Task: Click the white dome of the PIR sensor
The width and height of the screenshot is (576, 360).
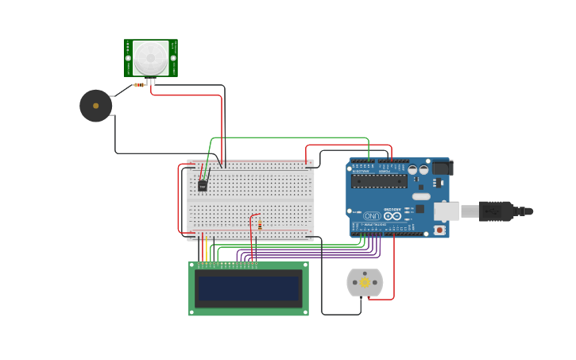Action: click(x=150, y=57)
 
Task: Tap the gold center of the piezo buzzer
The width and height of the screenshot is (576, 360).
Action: click(x=95, y=106)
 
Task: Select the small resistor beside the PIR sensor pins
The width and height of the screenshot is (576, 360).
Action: click(x=139, y=84)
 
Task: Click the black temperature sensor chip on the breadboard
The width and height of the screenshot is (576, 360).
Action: click(x=203, y=185)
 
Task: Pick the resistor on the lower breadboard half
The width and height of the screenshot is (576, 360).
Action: click(x=259, y=225)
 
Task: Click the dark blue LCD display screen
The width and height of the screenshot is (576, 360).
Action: click(x=249, y=288)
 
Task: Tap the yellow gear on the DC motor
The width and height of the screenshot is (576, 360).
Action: click(x=365, y=282)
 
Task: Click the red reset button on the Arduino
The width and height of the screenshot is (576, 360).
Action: click(x=439, y=230)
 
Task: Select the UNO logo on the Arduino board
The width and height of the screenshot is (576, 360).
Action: click(x=372, y=215)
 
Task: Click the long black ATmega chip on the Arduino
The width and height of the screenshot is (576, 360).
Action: click(x=379, y=181)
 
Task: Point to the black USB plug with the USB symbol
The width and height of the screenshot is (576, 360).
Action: click(x=497, y=211)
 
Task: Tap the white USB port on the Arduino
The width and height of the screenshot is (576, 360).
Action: click(x=446, y=211)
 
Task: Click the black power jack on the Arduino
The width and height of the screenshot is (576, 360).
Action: click(x=442, y=168)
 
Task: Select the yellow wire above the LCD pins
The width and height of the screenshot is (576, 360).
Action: click(x=206, y=250)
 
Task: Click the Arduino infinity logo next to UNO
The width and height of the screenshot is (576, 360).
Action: click(x=392, y=215)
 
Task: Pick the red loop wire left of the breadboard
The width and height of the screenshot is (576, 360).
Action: click(x=179, y=199)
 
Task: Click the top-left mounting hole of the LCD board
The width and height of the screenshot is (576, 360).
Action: click(x=192, y=266)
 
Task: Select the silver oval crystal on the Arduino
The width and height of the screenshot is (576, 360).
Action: click(x=421, y=196)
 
